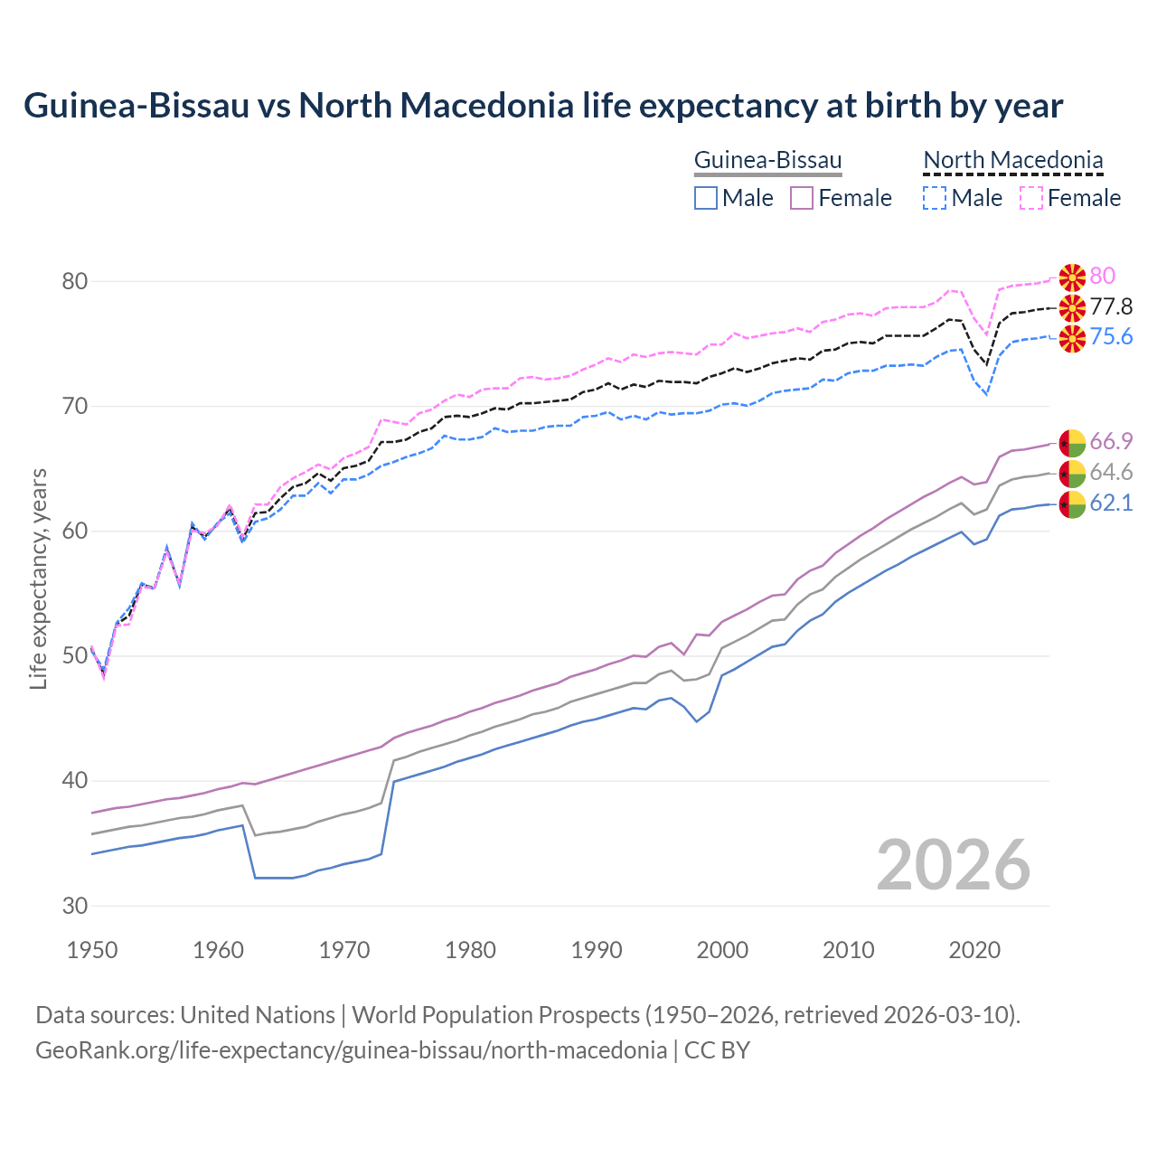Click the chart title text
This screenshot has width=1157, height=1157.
[x=543, y=106]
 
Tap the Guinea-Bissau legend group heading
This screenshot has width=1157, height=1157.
[x=767, y=160]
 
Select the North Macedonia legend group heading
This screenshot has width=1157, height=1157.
[x=1012, y=160]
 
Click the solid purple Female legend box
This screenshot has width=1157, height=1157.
[x=802, y=198]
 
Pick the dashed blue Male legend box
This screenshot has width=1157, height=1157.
[x=935, y=198]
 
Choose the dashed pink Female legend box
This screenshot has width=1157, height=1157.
[x=1031, y=198]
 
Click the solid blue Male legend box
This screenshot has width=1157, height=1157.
[x=706, y=198]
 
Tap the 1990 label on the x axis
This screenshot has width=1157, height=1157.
[x=597, y=950]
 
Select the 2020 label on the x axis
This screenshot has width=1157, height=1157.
[x=974, y=950]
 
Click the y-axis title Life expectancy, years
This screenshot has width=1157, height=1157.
[x=39, y=578]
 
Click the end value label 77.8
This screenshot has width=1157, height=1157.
[x=1111, y=306]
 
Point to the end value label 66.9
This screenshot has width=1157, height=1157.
[x=1111, y=441]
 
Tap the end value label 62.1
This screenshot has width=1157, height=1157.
[x=1111, y=503]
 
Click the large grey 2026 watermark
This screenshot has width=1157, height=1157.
[x=953, y=865]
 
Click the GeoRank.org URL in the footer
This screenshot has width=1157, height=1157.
[x=351, y=1049]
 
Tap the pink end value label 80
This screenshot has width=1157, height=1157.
[x=1102, y=276]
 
